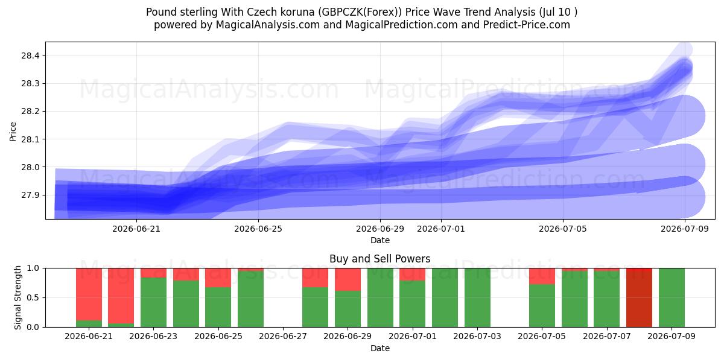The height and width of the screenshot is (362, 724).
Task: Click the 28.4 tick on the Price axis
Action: pos(30,56)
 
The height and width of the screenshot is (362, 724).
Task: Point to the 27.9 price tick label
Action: pos(30,195)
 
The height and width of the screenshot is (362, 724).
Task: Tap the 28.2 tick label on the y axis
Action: pos(30,112)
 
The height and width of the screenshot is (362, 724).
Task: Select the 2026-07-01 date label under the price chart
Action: pos(441,229)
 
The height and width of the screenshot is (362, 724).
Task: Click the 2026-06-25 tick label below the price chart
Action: pos(258,229)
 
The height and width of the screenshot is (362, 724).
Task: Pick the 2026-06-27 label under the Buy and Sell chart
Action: pos(283,336)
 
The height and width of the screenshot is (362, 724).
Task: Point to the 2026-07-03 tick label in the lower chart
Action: pos(477,336)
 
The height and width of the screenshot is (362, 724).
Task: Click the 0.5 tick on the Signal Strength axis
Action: pos(33,297)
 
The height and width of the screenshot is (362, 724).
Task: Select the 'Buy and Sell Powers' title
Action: pos(379,259)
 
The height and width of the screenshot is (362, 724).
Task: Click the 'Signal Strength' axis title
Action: pos(17,297)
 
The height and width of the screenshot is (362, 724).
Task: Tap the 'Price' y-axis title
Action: pos(13,132)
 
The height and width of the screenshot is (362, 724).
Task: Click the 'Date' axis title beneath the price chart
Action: pos(379,240)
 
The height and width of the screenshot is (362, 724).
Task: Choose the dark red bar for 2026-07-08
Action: pos(639,297)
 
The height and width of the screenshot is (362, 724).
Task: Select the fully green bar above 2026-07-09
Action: pos(672,297)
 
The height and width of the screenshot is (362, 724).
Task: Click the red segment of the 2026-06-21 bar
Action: pos(89,294)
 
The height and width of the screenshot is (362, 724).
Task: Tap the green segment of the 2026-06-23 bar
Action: pos(153,302)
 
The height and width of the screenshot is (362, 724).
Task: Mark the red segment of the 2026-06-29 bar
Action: pos(348,279)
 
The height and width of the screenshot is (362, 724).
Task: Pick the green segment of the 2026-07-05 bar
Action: pos(542,305)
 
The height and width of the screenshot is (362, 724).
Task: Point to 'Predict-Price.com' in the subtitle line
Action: pos(527,25)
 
